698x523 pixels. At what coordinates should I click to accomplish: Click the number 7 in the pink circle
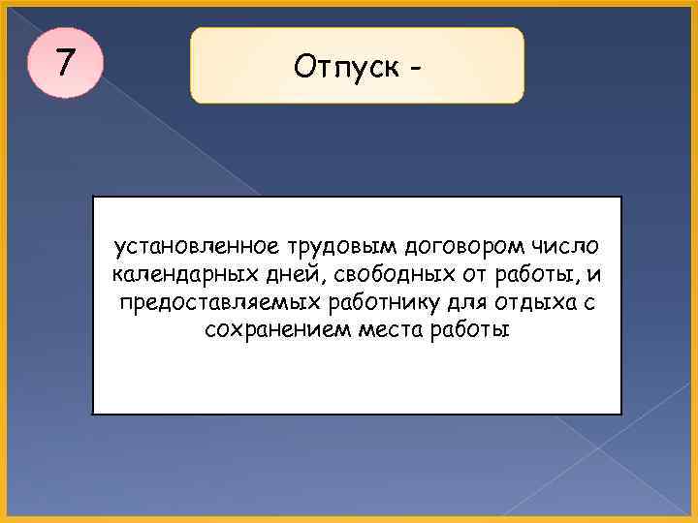[x=64, y=63]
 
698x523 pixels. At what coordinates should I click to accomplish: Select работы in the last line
[x=472, y=330]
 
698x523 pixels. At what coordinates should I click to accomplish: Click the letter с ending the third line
[x=588, y=303]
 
